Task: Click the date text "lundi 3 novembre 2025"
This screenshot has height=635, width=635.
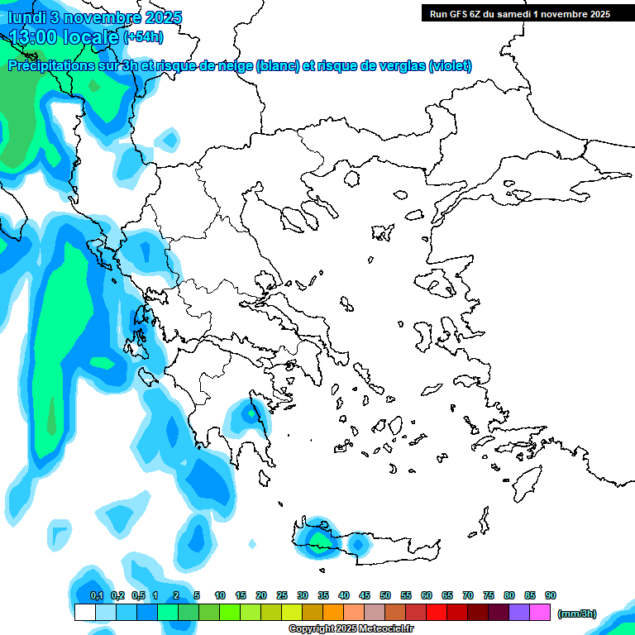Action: pos(95,17)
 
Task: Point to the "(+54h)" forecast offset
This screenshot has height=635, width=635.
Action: pos(143,36)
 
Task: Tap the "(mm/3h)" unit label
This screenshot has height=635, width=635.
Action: pos(576,614)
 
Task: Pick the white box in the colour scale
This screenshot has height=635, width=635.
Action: pos(85,613)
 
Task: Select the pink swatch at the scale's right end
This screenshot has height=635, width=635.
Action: pos(540,613)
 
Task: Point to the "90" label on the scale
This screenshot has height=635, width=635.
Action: pos(551,595)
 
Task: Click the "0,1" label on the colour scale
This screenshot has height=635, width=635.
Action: pos(97,595)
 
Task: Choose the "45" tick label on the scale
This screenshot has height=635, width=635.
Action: pos(365,595)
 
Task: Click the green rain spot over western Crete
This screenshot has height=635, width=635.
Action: pos(318,540)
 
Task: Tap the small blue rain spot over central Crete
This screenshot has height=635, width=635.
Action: pos(357,544)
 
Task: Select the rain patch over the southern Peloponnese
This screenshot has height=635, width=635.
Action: pos(248,413)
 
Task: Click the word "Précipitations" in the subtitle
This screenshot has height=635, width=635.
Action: pos(50,66)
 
